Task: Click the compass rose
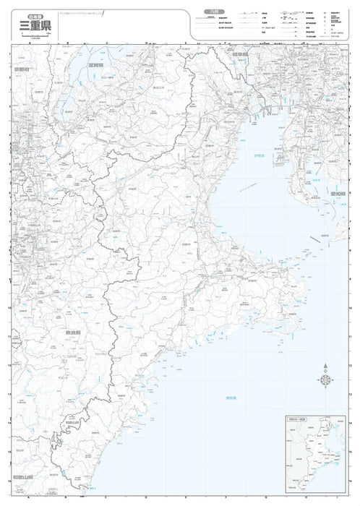325,381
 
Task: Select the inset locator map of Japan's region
312,455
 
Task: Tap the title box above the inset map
296,419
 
